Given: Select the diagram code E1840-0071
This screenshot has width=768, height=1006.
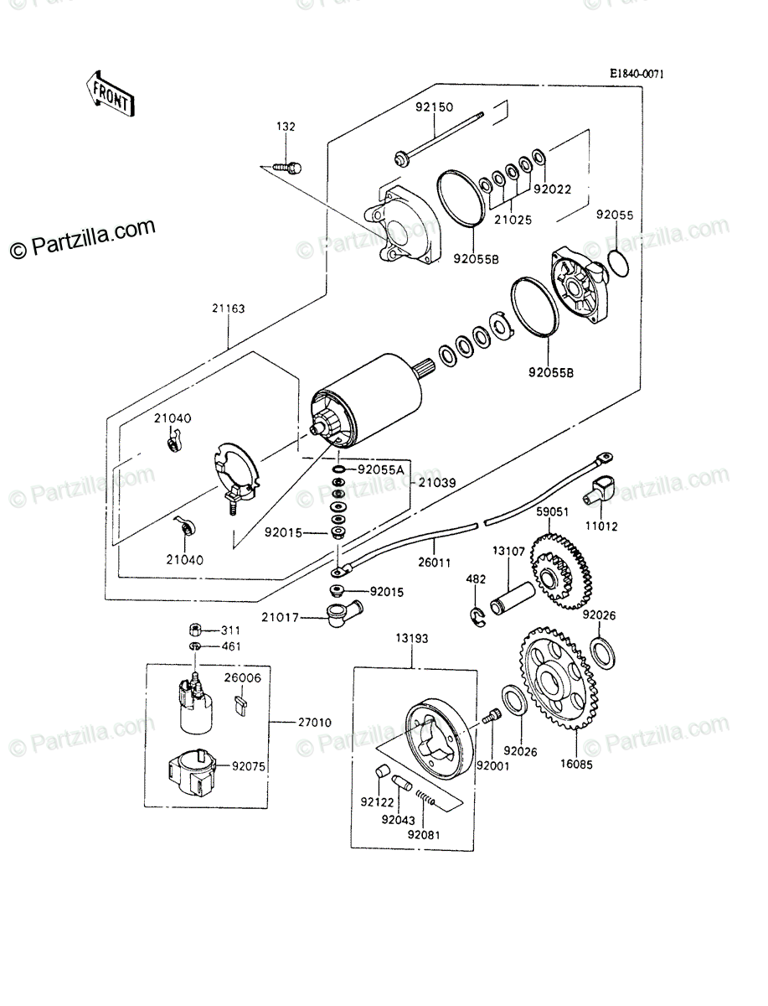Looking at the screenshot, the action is (x=637, y=74).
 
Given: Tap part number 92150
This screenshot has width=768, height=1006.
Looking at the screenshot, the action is (x=434, y=107).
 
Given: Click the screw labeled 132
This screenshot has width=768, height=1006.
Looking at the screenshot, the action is (x=288, y=168).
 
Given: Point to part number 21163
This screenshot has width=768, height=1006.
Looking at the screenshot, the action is (x=228, y=309).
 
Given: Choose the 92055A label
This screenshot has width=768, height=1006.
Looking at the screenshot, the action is (x=381, y=469).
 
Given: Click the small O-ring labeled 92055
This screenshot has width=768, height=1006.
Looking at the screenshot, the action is (x=618, y=263).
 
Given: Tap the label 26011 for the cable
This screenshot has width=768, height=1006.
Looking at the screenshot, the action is (x=434, y=563).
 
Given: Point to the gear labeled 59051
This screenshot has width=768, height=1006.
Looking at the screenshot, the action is (x=561, y=571).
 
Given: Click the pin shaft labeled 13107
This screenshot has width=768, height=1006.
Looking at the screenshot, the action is (x=512, y=598).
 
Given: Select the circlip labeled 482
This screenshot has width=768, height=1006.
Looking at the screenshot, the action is (x=478, y=616).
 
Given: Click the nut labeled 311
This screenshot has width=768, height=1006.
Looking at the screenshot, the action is (x=195, y=630).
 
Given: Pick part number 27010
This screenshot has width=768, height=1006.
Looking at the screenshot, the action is (x=314, y=723).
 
